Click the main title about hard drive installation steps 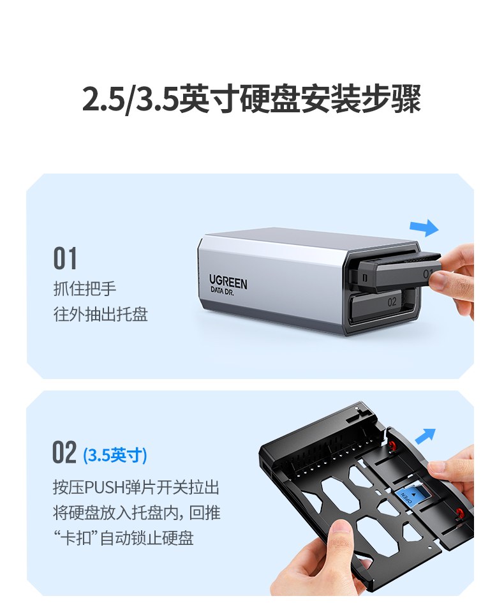tap(251, 100)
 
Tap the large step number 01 tap(64, 258)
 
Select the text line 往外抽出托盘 tap(100, 314)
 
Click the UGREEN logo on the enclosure tap(228, 281)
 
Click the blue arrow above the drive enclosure tap(424, 227)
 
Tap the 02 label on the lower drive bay tap(392, 301)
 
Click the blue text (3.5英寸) tap(115, 455)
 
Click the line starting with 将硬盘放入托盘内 tap(137, 512)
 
